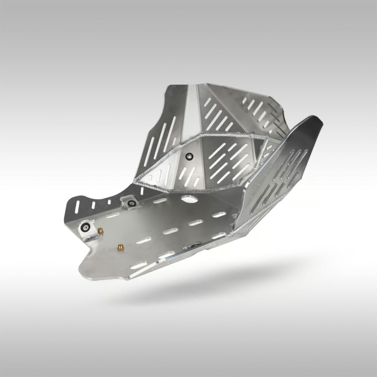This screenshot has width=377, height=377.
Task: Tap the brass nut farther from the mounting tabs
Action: (x=119, y=247)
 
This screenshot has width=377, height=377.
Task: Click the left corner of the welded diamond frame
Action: (x=136, y=182)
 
